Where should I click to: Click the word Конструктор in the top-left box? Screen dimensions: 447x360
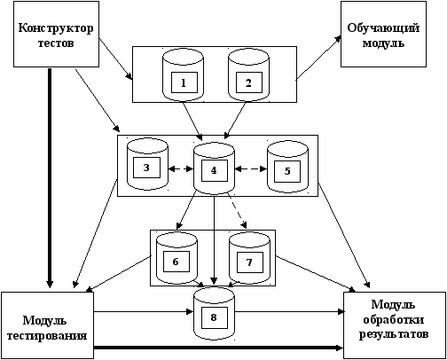click(x=56, y=28)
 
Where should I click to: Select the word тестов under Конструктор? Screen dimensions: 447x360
click(x=56, y=43)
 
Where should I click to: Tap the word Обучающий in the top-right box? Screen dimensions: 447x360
click(x=383, y=28)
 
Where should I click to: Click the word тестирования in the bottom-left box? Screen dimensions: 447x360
click(x=47, y=336)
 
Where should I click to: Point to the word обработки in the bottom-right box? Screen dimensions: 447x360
click(x=394, y=320)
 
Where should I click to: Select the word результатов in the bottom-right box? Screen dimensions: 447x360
click(x=394, y=335)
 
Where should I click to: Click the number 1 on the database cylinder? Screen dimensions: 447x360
click(x=184, y=83)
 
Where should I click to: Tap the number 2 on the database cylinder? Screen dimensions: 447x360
click(x=248, y=83)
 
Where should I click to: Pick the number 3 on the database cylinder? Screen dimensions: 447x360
click(x=146, y=168)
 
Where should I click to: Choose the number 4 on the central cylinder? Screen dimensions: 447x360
click(x=214, y=170)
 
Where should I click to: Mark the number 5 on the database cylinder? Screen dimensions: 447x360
click(x=287, y=171)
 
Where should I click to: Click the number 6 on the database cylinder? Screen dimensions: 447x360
click(x=176, y=262)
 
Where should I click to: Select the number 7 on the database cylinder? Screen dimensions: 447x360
click(x=249, y=262)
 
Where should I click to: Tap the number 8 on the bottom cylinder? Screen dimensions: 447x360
click(x=214, y=317)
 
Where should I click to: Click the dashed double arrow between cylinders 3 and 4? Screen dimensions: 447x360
click(x=181, y=169)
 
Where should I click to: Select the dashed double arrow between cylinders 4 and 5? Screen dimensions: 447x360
click(x=251, y=169)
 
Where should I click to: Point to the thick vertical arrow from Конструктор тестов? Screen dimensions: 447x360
click(x=50, y=178)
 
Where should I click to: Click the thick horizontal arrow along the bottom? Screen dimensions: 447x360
click(x=219, y=348)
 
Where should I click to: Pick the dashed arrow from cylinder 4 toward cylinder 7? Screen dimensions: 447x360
click(x=237, y=211)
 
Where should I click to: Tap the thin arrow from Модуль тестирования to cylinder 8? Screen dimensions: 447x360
click(x=144, y=311)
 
